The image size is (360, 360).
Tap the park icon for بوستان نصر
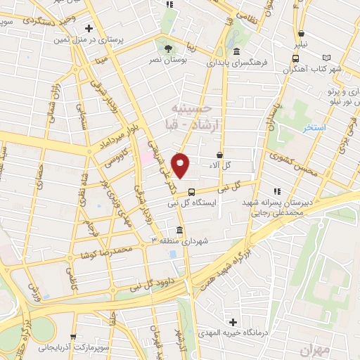(x=167, y=48)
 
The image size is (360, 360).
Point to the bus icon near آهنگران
(x=301, y=33)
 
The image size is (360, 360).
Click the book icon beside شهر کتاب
(x=326, y=58)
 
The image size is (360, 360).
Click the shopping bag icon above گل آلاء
(x=220, y=154)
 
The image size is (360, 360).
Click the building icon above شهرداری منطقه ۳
(x=179, y=230)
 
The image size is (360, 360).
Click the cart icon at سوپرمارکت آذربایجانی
(x=73, y=336)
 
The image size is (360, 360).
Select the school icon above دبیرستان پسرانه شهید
(x=278, y=190)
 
